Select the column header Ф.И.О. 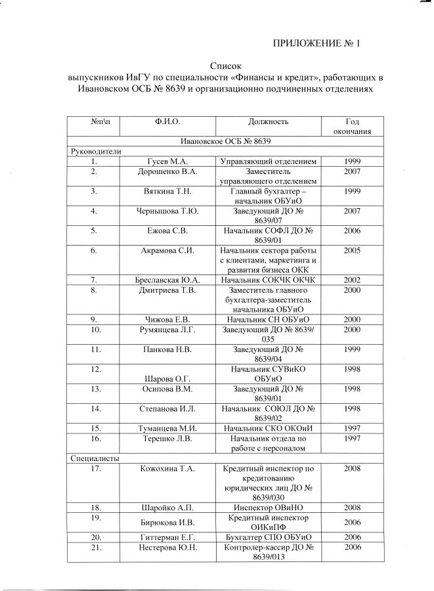click(167, 121)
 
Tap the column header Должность click(269, 121)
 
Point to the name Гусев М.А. click(168, 161)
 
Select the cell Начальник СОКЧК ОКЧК click(269, 280)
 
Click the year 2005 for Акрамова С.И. click(353, 250)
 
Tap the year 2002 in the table click(353, 280)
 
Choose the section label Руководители click(97, 151)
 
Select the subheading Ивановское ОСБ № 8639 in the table click(226, 141)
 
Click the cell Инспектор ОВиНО click(269, 508)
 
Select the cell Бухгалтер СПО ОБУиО click(269, 537)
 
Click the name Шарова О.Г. click(168, 378)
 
